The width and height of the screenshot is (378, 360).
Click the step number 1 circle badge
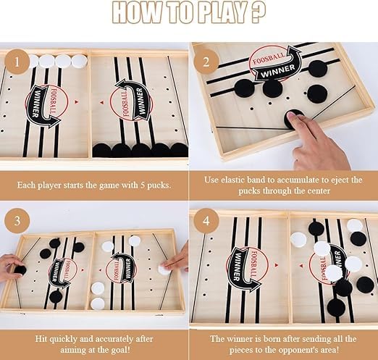click(17, 62)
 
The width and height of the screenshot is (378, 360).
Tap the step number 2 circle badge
click(206, 62)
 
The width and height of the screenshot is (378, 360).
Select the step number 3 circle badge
click(17, 221)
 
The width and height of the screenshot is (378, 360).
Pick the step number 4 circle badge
click(206, 221)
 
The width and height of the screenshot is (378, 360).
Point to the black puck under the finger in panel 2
click(293, 118)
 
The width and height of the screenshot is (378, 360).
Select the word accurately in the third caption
click(112, 339)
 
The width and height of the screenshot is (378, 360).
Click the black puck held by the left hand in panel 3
click(20, 269)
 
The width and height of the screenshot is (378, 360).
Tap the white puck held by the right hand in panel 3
click(164, 269)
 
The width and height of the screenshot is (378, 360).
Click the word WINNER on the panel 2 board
click(277, 71)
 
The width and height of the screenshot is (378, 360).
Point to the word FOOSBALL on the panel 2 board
click(269, 59)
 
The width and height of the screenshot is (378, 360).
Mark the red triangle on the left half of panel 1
click(77, 102)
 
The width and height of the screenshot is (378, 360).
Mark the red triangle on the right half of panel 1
click(102, 102)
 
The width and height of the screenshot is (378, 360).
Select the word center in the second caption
click(319, 191)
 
